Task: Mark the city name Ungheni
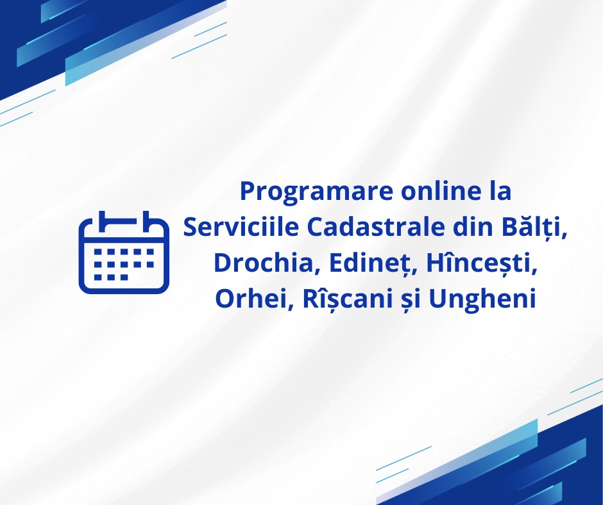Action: pyautogui.click(x=482, y=301)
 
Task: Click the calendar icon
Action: pyautogui.click(x=124, y=252)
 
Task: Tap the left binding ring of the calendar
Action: pyautogui.click(x=102, y=222)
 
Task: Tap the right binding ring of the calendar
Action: pyautogui.click(x=146, y=222)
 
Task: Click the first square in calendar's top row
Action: pyautogui.click(x=98, y=252)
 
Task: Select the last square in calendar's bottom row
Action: pyautogui.click(x=124, y=277)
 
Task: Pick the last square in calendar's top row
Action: pyautogui.click(x=150, y=252)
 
